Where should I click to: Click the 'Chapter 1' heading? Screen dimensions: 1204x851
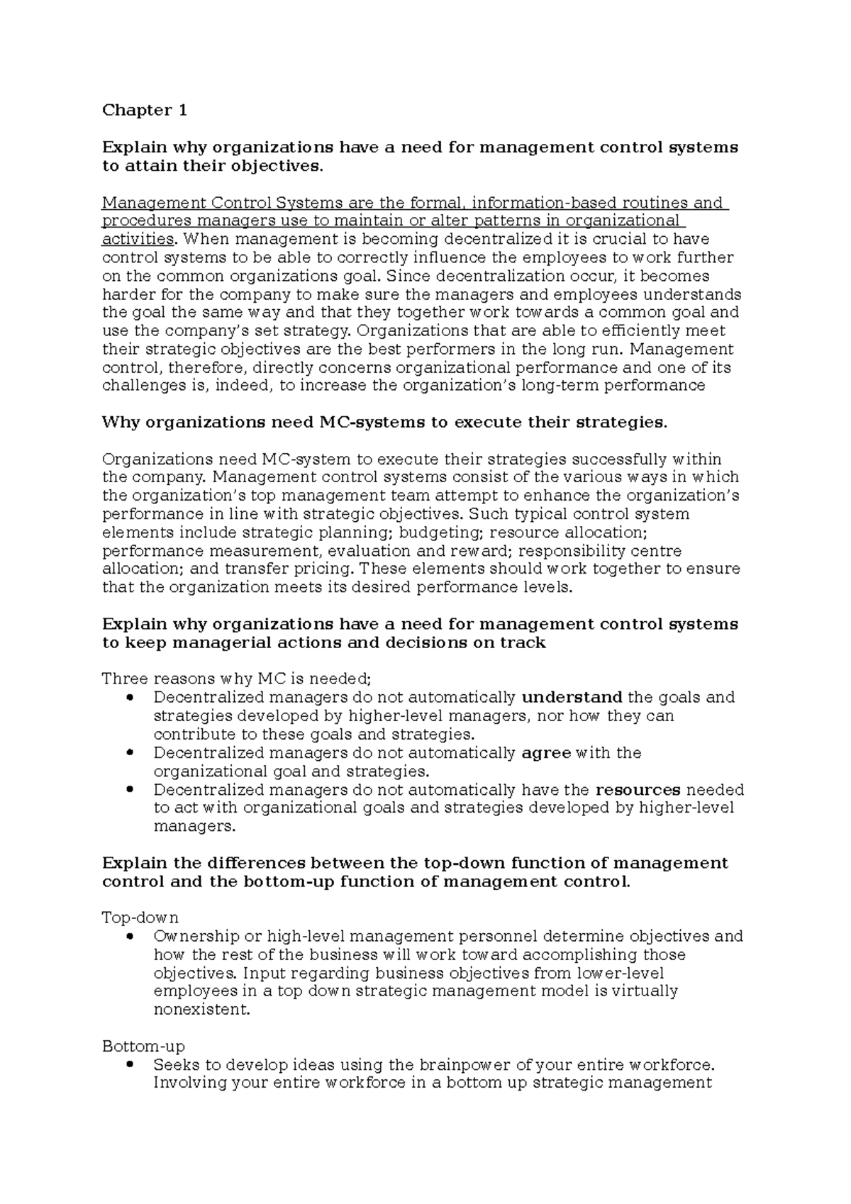pyautogui.click(x=145, y=110)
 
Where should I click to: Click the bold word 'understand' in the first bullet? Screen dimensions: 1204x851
pyautogui.click(x=572, y=698)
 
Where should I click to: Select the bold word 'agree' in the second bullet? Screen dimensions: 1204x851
pyautogui.click(x=546, y=753)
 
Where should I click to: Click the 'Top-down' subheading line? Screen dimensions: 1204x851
pyautogui.click(x=140, y=918)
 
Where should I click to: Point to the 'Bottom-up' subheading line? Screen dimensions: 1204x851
pyautogui.click(x=143, y=1047)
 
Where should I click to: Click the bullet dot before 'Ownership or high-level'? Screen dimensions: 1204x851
pyautogui.click(x=128, y=937)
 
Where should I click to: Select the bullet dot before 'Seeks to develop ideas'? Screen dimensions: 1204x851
pyautogui.click(x=128, y=1065)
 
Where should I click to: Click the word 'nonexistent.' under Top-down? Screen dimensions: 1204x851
pyautogui.click(x=202, y=1010)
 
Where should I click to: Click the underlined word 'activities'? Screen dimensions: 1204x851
pyautogui.click(x=138, y=239)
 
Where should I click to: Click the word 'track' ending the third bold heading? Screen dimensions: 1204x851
pyautogui.click(x=523, y=643)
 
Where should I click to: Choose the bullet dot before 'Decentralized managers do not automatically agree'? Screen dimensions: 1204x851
pyautogui.click(x=128, y=753)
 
